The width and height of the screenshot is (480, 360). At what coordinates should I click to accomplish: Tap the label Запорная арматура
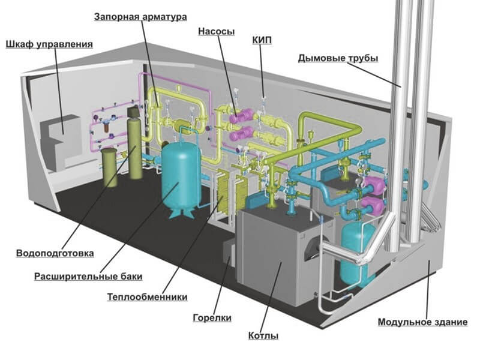[x=140, y=17]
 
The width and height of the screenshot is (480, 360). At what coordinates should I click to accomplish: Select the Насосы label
[x=216, y=31]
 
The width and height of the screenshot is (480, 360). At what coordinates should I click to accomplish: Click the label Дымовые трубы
[x=337, y=58]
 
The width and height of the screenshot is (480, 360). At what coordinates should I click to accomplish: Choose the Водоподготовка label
[x=55, y=253]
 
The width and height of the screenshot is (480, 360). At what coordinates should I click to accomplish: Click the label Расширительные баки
[x=88, y=277]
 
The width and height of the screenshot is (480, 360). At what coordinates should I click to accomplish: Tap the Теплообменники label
[x=148, y=297]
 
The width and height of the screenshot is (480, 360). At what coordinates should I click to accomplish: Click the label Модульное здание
[x=422, y=322]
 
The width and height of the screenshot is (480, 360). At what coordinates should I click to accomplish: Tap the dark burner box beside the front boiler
[x=229, y=252]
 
